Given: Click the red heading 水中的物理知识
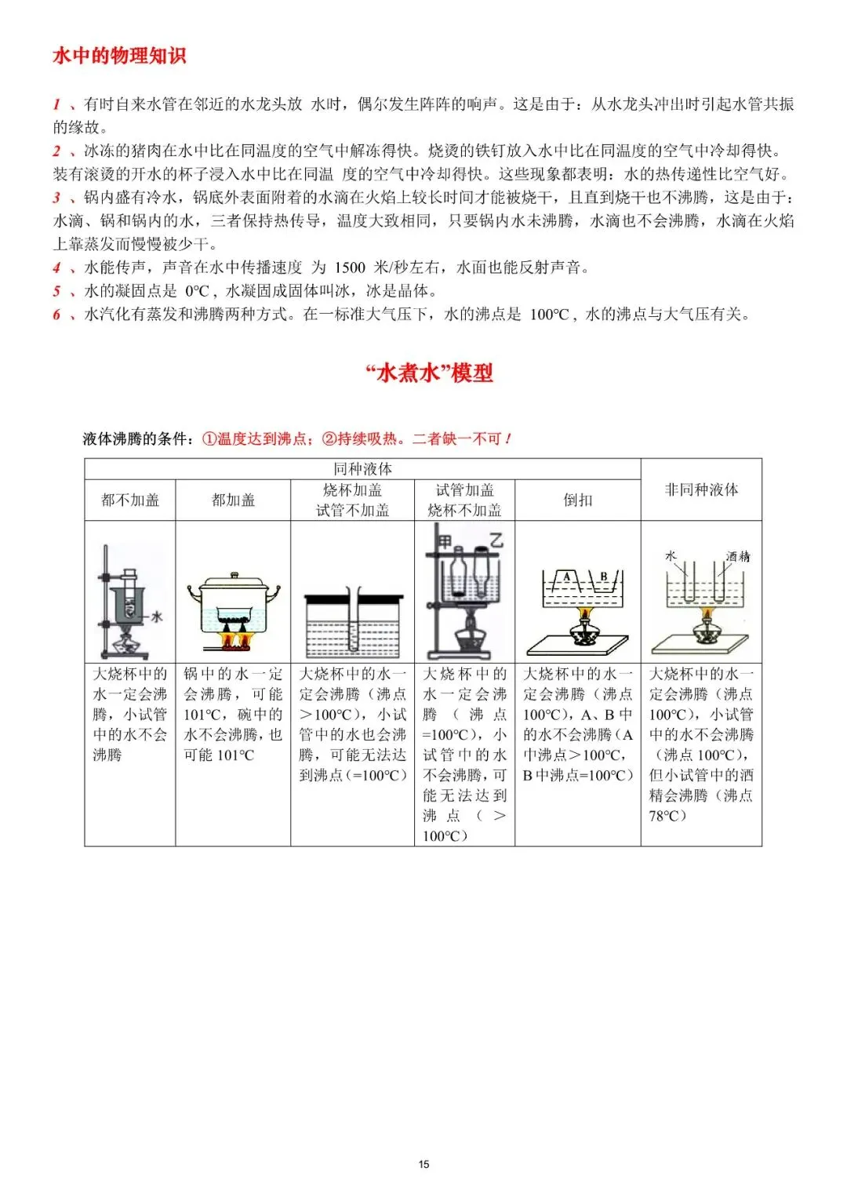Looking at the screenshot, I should point(119,56).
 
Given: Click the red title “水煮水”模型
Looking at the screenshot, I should point(429,373).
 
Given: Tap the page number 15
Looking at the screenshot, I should point(423,1164).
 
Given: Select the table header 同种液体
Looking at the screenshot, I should point(362,468).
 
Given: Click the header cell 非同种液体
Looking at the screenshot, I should point(701,489).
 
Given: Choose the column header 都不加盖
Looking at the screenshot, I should point(130,500).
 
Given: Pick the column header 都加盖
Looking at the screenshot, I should point(233,500).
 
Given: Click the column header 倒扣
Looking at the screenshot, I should point(577,500).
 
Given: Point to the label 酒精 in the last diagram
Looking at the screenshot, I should point(737,556).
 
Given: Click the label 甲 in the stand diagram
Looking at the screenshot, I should point(445,541).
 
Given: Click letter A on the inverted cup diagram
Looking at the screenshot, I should point(567,577).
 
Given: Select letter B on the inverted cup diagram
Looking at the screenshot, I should point(603,577).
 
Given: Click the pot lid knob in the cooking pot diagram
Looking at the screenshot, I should point(233,576).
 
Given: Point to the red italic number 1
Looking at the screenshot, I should point(56,104).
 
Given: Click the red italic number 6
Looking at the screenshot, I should point(56,315).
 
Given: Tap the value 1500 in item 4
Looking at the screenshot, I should point(350,267).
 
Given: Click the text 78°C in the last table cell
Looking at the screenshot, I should point(667,816).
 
